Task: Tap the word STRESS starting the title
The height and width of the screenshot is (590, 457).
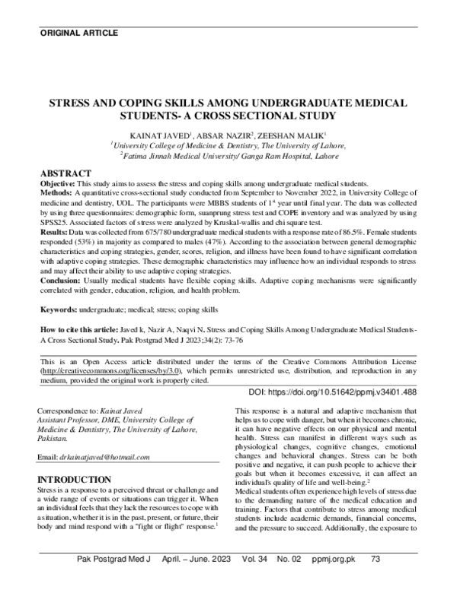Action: coord(71,102)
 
